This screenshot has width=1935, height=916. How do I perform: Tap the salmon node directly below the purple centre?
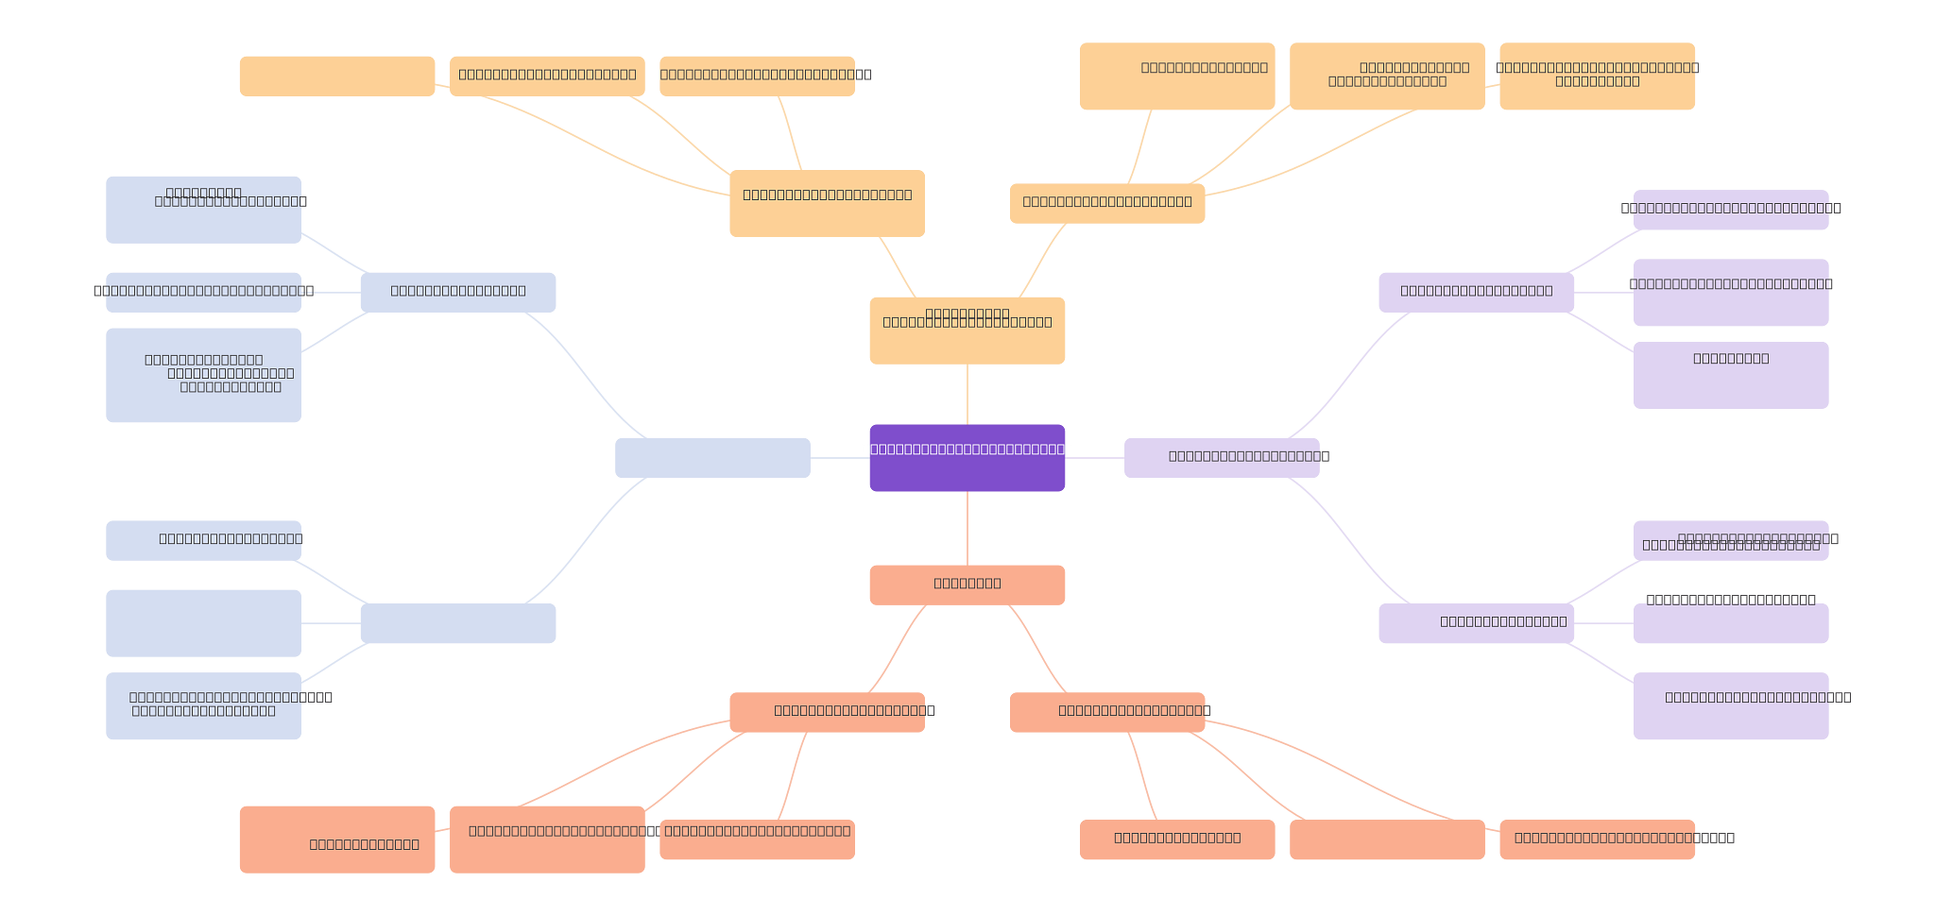pos(967,585)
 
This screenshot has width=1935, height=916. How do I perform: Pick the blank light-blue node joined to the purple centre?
pos(712,458)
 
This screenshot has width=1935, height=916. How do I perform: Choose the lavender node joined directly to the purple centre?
pos(1221,458)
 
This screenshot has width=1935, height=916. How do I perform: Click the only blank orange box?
pos(336,76)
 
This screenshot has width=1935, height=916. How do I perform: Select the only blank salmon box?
pos(1386,840)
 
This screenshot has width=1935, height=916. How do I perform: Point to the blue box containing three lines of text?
pos(203,375)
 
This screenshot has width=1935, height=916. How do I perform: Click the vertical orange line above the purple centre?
pos(967,394)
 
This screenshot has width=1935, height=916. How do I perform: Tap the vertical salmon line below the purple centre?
pos(967,528)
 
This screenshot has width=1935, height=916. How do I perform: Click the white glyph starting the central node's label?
pos(865,450)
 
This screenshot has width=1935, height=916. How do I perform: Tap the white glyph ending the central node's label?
pos(1070,450)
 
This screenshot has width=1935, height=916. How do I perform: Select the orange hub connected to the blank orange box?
pos(827,203)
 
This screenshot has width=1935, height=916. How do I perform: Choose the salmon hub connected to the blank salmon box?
pos(1106,712)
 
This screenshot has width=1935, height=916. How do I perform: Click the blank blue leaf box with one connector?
pos(203,623)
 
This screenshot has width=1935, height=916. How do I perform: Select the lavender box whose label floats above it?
pos(1730,623)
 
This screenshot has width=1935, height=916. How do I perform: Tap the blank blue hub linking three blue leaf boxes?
pos(457,623)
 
